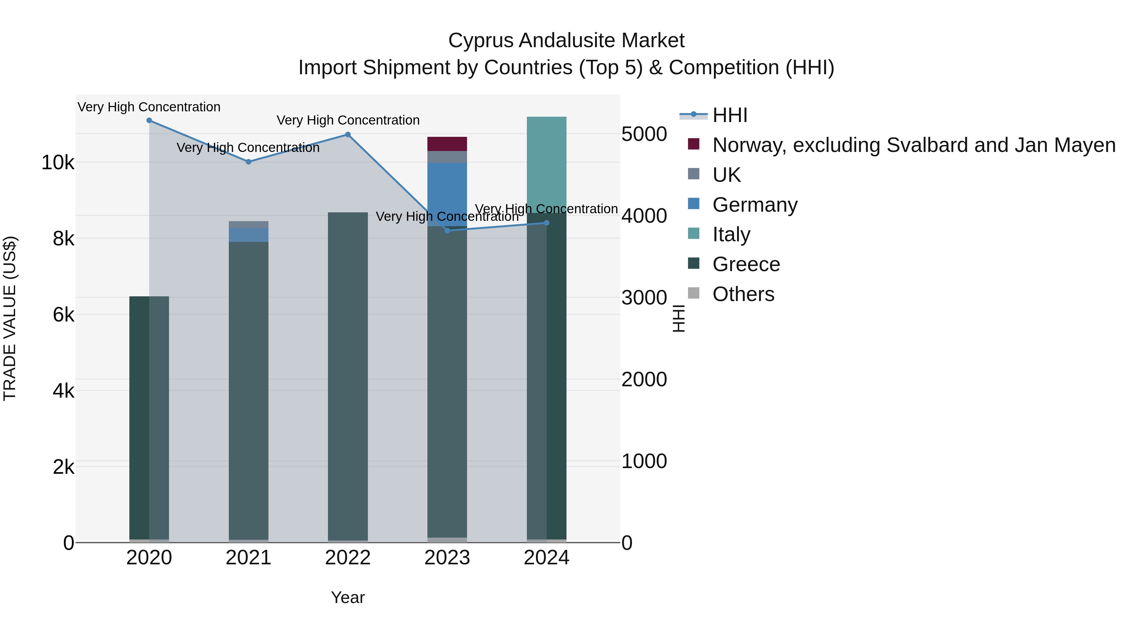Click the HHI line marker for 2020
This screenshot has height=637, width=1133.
(x=149, y=120)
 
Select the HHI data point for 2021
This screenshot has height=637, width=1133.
(x=249, y=162)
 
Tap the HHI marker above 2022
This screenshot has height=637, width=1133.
(x=348, y=135)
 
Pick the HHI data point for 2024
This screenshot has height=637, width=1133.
(x=547, y=223)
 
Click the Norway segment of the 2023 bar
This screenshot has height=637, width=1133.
(x=447, y=144)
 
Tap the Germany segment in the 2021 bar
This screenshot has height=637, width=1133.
(x=249, y=235)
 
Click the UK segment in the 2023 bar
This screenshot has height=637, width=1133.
(x=447, y=157)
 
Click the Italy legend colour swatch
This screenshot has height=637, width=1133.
(x=694, y=234)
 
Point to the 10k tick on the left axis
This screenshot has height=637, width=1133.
(x=58, y=163)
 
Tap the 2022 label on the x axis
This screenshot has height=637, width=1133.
(x=348, y=558)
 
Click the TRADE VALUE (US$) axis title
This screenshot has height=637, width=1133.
(x=10, y=318)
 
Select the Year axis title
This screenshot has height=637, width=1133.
(x=348, y=597)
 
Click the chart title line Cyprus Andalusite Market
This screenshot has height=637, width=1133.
(x=566, y=41)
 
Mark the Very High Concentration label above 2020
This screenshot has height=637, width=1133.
(x=149, y=107)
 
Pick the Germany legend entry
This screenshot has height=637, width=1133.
(x=755, y=205)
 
